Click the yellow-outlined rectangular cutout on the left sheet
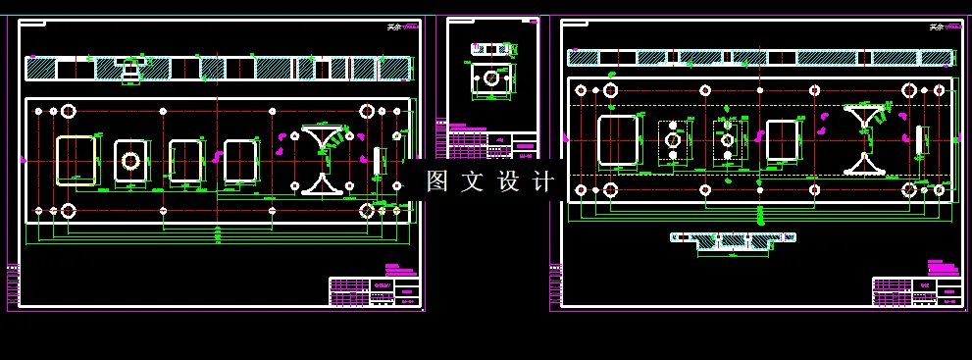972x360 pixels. point(77,160)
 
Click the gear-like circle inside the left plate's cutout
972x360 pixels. point(130,160)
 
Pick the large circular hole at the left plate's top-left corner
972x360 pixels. point(68,110)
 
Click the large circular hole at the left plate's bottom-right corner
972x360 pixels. point(367,210)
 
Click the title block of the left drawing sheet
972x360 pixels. point(374,291)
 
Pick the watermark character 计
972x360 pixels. point(545,181)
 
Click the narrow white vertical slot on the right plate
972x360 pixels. point(919,140)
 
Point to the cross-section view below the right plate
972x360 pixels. point(732,240)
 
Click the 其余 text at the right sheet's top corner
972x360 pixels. point(938,26)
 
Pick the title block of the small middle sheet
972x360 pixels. point(492,143)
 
